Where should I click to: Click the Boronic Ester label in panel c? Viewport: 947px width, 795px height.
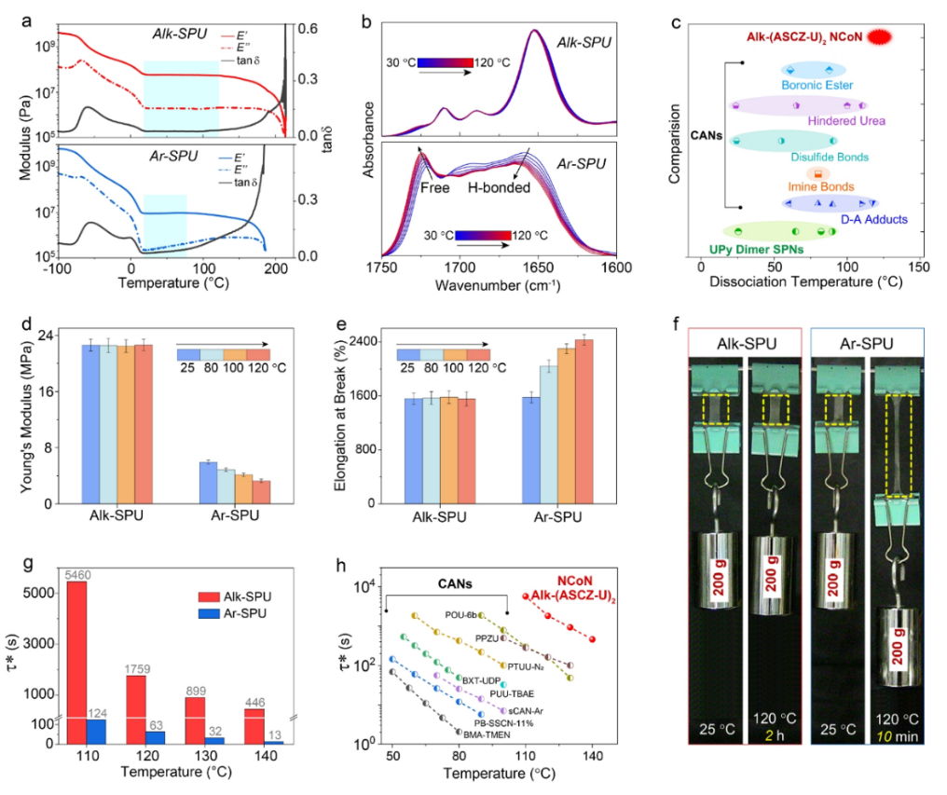coord(810,87)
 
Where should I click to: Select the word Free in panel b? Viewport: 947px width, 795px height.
coord(437,187)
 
